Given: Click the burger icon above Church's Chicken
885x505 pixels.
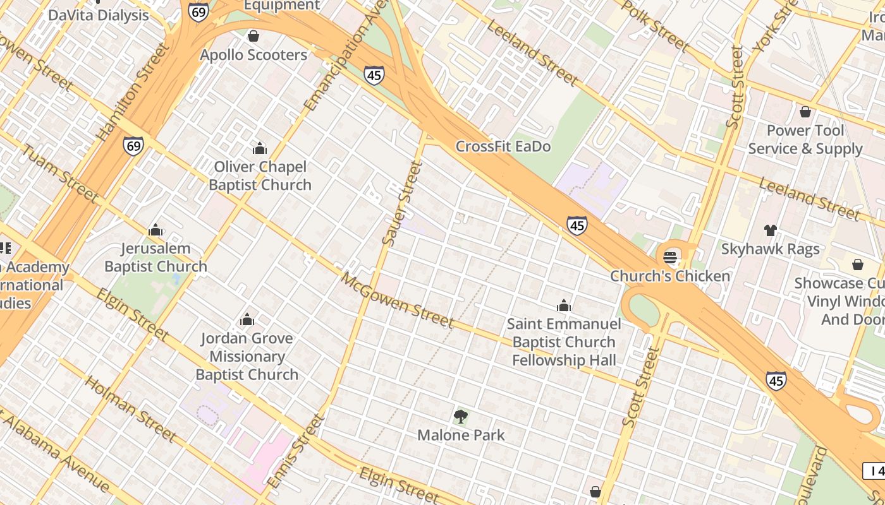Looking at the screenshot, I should coord(670,257).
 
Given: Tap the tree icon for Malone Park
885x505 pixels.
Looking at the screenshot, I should coord(461,416).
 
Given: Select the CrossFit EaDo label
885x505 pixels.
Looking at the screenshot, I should coord(503,146).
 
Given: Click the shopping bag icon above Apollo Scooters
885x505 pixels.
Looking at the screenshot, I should coord(253,36).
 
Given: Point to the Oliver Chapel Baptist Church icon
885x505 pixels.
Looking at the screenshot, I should coord(259,148).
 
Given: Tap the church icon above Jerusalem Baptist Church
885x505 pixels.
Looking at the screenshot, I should coord(156,230).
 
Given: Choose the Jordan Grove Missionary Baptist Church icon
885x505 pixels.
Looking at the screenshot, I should coord(247,320).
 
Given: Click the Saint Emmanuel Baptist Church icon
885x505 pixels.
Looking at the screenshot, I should coord(564,306).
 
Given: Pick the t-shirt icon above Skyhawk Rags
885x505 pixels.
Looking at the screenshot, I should coord(770,230).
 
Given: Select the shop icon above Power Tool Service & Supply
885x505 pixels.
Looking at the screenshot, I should coord(805,112).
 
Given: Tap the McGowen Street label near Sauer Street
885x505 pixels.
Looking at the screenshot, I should coord(398,300).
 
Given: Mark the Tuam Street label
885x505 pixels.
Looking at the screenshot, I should coord(61,173).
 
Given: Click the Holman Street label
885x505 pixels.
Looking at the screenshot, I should coord(130,408).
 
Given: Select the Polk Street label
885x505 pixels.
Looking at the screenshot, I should coord(655,25).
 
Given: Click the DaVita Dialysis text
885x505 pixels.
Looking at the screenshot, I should coord(99,15).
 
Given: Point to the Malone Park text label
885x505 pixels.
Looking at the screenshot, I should coord(461,435).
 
